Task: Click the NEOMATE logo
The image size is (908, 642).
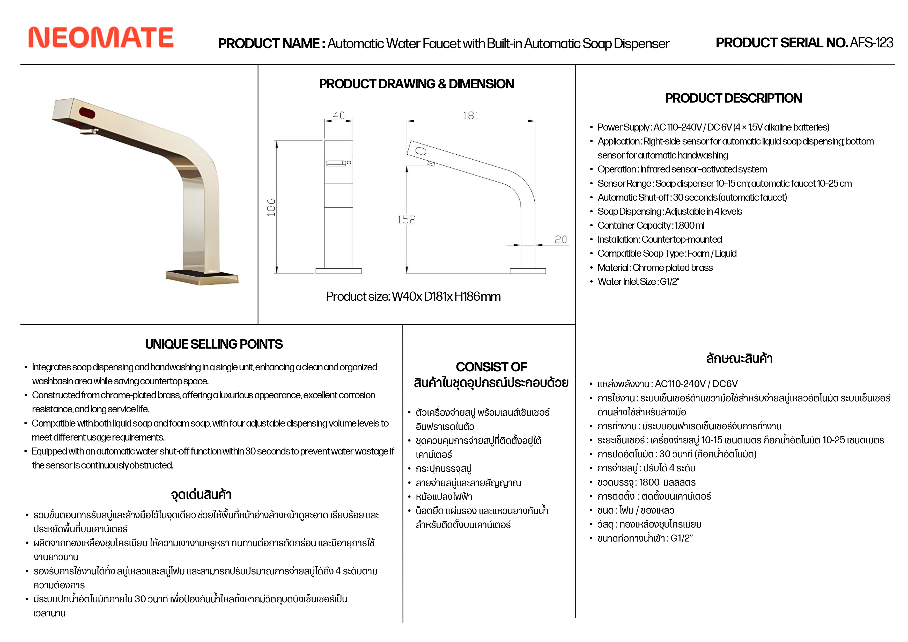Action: pos(101,38)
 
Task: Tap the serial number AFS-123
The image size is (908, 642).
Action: pos(871,43)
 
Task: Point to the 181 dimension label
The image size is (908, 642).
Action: pos(471,115)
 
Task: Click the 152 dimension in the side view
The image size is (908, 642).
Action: pos(406,220)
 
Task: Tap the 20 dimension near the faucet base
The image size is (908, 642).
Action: pos(561,240)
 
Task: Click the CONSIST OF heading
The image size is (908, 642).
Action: pos(491,367)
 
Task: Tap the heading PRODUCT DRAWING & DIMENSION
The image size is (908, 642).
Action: pos(416,84)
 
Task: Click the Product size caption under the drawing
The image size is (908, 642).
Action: pos(413,297)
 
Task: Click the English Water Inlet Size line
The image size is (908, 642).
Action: pos(638,282)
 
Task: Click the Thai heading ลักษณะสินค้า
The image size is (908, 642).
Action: pos(739,359)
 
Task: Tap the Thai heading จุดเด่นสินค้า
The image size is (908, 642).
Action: pos(201,495)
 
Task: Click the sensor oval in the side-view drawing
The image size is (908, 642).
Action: pos(421,151)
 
